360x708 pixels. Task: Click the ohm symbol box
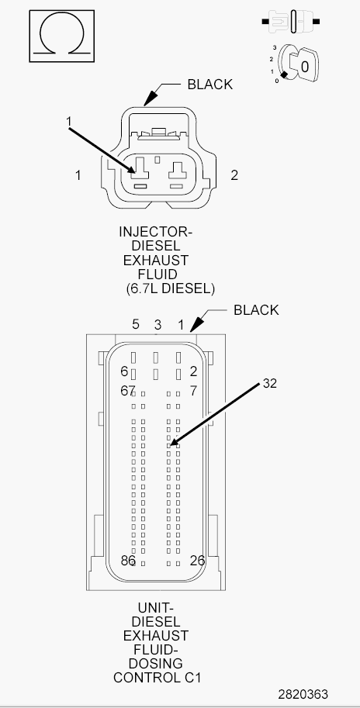pyautogui.click(x=62, y=36)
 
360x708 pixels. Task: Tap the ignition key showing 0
pyautogui.click(x=298, y=65)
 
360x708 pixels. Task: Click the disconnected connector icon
pyautogui.click(x=291, y=21)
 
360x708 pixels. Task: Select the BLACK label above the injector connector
pyautogui.click(x=210, y=85)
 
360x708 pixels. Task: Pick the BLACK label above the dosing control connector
pyautogui.click(x=256, y=310)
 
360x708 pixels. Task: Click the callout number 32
pyautogui.click(x=270, y=383)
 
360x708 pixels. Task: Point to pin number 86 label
pyautogui.click(x=128, y=561)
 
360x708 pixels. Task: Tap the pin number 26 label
pyautogui.click(x=197, y=561)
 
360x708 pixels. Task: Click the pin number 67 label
pyautogui.click(x=128, y=391)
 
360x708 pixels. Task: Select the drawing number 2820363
pyautogui.click(x=303, y=694)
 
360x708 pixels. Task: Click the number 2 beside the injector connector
pyautogui.click(x=234, y=175)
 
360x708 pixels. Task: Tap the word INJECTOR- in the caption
pyautogui.click(x=155, y=232)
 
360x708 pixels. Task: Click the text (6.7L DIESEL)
pyautogui.click(x=170, y=288)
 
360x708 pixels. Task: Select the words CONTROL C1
pyautogui.click(x=157, y=678)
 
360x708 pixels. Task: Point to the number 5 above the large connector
pyautogui.click(x=136, y=324)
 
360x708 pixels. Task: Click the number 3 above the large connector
pyautogui.click(x=157, y=325)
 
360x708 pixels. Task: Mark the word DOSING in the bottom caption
pyautogui.click(x=156, y=664)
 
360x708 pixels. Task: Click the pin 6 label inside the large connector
pyautogui.click(x=124, y=371)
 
